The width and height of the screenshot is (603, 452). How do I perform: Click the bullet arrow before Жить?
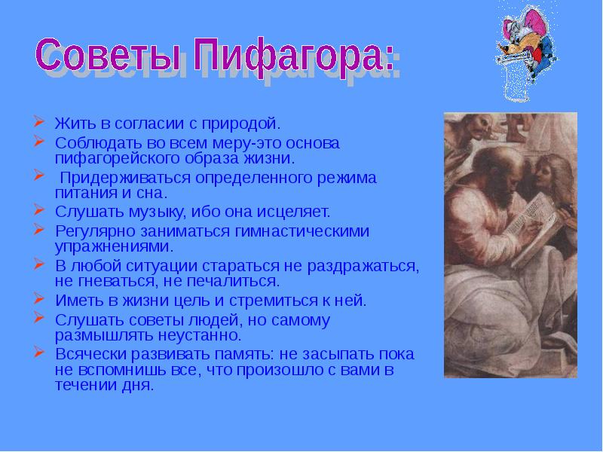coord(39,121)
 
